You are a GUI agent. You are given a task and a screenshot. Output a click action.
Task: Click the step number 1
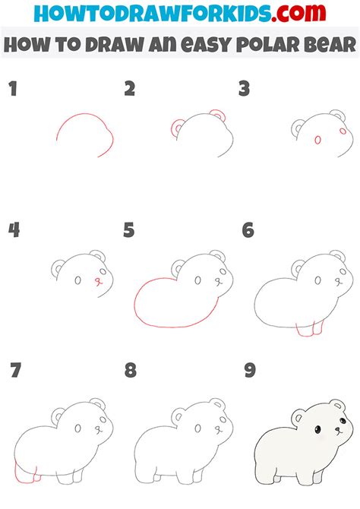click(13, 90)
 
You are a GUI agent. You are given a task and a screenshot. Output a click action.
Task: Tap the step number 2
click(130, 90)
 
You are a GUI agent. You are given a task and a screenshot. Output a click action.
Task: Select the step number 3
click(245, 90)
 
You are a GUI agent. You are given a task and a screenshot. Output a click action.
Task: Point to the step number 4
click(14, 230)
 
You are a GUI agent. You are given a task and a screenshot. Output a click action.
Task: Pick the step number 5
click(130, 230)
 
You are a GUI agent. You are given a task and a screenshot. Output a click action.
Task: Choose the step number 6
click(247, 230)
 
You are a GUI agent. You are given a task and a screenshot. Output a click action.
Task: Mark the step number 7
click(14, 371)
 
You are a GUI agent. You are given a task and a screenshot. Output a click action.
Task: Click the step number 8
click(130, 371)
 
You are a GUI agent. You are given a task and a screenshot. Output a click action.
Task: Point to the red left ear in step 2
click(178, 128)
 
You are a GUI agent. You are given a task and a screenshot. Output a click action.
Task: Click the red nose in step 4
click(96, 280)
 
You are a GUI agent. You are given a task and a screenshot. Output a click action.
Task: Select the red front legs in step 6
click(308, 329)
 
